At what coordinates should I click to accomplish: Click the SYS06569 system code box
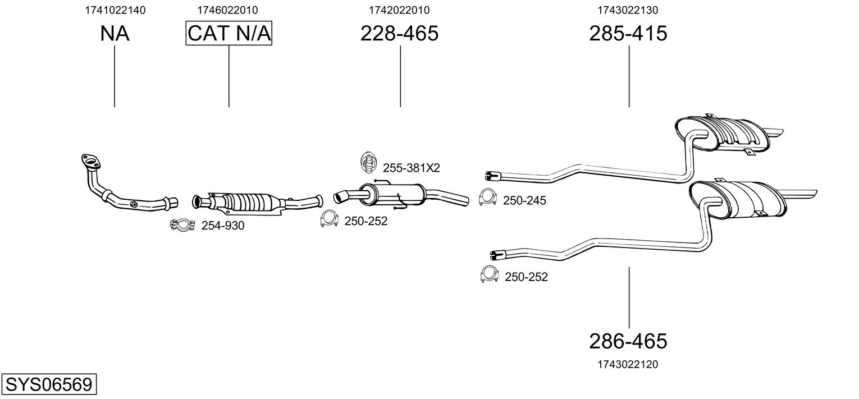[49, 384]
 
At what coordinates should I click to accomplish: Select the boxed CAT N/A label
[229, 33]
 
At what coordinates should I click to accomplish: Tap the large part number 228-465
[399, 33]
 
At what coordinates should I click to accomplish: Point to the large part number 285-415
[628, 33]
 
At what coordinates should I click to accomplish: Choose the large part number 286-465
[628, 341]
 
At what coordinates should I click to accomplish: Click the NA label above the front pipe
[115, 33]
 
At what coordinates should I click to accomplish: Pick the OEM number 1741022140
[115, 10]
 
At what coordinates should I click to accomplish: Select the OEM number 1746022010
[227, 10]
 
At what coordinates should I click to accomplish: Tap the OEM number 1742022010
[399, 10]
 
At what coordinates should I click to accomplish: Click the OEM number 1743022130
[628, 10]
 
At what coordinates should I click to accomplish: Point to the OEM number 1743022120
[628, 364]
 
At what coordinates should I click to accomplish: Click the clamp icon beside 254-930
[182, 225]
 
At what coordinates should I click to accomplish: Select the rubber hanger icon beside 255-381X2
[368, 162]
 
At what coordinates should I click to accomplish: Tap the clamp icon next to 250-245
[488, 198]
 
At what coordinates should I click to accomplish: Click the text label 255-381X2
[412, 168]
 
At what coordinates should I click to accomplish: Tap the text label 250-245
[524, 200]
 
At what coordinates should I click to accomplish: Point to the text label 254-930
[223, 226]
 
